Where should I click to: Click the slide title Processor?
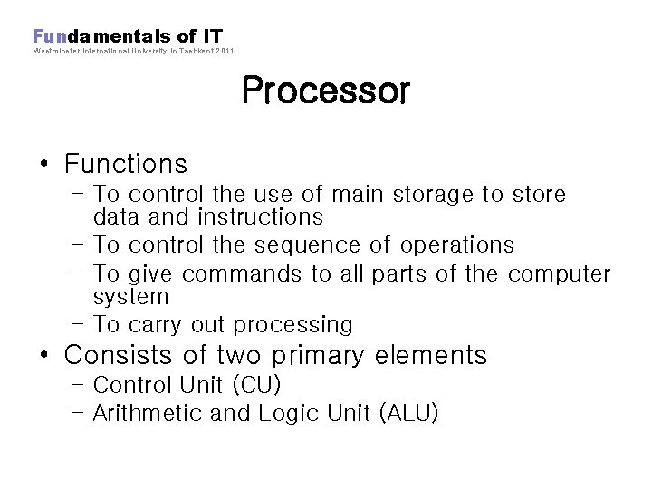click(325, 91)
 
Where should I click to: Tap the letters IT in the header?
click(212, 36)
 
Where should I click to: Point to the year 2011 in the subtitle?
click(225, 51)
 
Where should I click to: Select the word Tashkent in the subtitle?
click(196, 51)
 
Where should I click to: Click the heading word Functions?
click(126, 164)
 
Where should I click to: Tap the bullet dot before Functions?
click(44, 165)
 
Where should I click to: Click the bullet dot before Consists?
click(44, 355)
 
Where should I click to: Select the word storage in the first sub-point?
click(444, 195)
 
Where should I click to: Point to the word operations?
click(457, 245)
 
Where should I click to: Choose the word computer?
click(559, 274)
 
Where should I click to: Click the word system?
click(131, 297)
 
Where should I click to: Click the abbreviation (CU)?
click(257, 386)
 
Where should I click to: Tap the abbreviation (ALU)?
click(408, 414)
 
